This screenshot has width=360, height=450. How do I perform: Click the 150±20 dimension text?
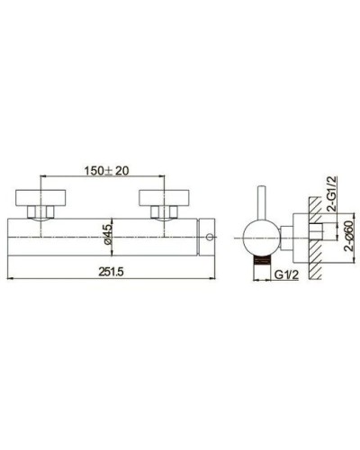point(106,168)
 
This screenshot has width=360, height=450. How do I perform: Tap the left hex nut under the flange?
point(40,212)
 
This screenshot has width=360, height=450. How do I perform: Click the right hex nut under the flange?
point(164,212)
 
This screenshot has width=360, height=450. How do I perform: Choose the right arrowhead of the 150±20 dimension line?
point(165,176)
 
